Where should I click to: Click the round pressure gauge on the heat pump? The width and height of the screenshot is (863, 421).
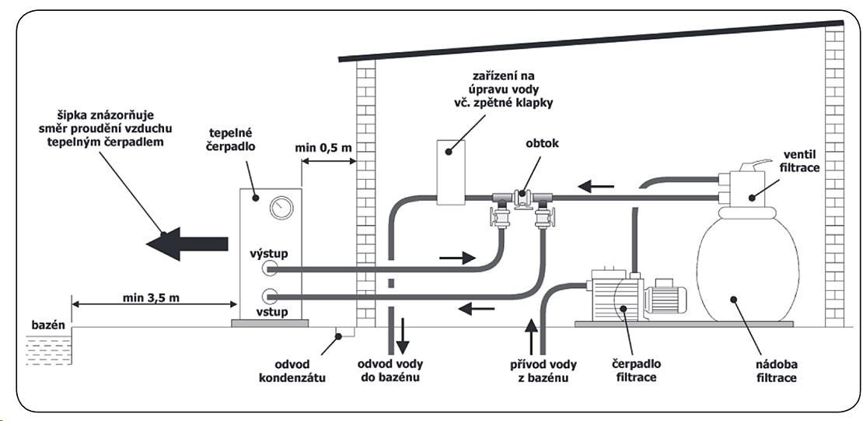tap(281, 208)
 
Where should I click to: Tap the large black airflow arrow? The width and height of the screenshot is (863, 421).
tap(187, 244)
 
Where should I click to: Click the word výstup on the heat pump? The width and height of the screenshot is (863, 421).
tap(268, 254)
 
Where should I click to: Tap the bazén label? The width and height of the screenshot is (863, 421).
tap(48, 325)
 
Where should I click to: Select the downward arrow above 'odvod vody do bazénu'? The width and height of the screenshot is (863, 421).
tap(403, 335)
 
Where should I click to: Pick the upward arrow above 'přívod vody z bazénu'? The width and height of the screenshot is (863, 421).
tap(531, 336)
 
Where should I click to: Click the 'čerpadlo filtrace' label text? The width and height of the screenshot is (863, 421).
tap(637, 370)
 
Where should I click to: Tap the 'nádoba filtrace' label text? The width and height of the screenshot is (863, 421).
tap(776, 371)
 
